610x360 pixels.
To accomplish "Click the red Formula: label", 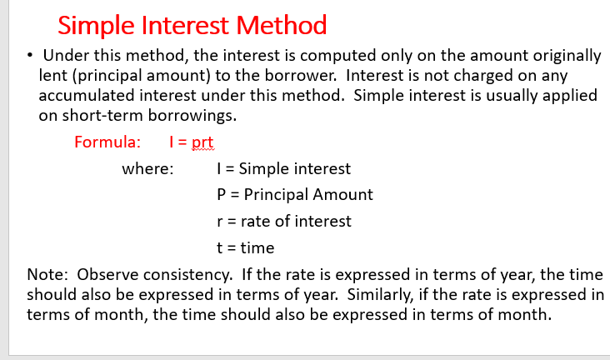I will [107, 142].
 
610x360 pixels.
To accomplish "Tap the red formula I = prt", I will [191, 142].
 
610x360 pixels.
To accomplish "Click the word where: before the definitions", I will [148, 169].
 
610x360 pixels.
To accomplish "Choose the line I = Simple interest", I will [283, 169].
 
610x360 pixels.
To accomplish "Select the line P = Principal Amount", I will [294, 195].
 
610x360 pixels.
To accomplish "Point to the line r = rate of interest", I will [283, 221].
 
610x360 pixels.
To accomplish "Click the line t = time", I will [245, 247].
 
